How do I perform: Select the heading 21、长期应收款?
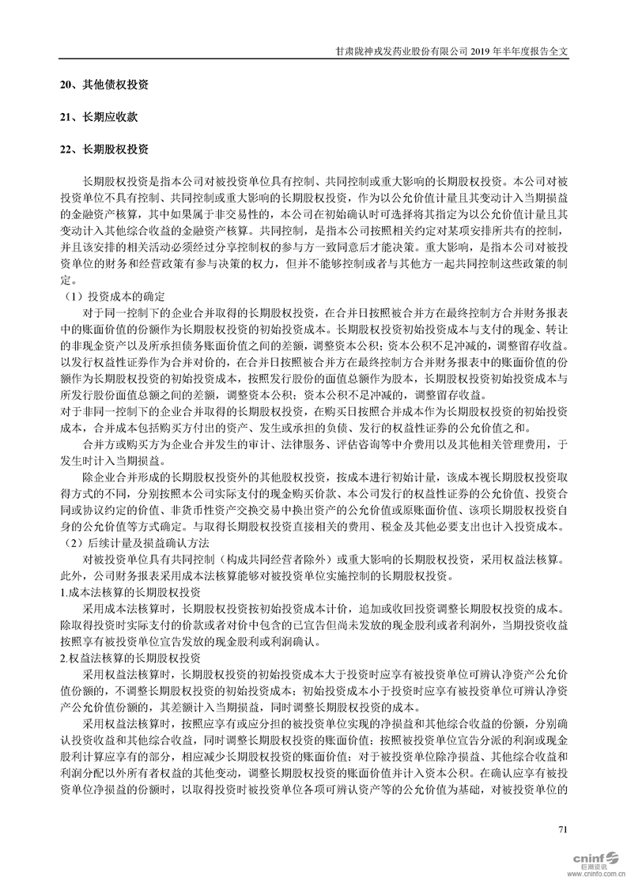point(98,116)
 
